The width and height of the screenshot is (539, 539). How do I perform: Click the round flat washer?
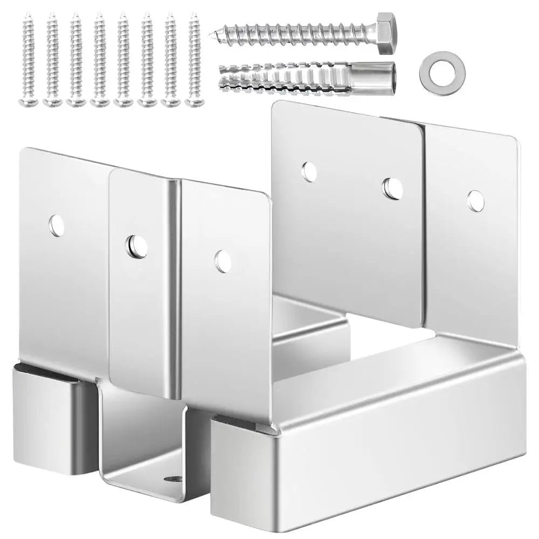click(x=438, y=71)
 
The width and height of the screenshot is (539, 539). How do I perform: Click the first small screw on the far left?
click(x=27, y=59)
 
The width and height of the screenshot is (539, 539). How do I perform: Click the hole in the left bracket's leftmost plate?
click(x=56, y=225)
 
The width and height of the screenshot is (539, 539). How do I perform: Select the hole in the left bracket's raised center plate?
click(x=137, y=246)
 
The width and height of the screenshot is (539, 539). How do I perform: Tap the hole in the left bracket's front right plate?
click(x=222, y=261)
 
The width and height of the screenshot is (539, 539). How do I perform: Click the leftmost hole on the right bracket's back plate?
click(x=309, y=171)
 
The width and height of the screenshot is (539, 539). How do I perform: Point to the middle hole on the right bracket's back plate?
click(x=392, y=187)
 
